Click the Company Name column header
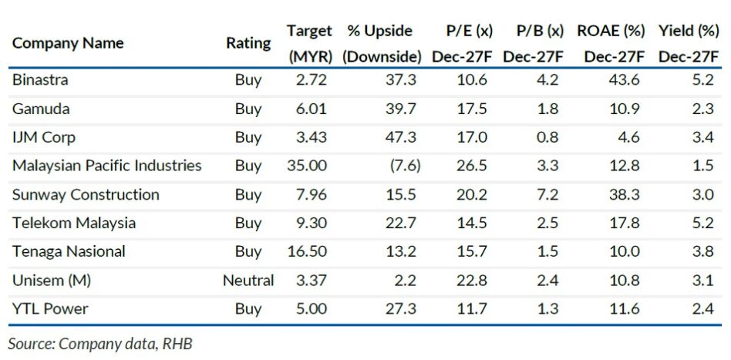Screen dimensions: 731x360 (x=68, y=43)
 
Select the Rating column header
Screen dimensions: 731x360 (x=248, y=43)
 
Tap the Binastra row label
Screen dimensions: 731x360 (x=40, y=79)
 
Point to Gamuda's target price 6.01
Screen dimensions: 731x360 (x=312, y=109)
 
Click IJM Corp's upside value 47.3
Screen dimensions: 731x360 (x=401, y=137)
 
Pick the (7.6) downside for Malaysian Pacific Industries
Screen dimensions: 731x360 (x=405, y=166)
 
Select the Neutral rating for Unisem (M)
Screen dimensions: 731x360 (x=248, y=281)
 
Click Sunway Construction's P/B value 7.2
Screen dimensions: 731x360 (x=547, y=194)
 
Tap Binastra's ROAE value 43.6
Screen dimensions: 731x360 (x=625, y=79)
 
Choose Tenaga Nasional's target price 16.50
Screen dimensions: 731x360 (x=308, y=252)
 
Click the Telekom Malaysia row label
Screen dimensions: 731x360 (x=74, y=223)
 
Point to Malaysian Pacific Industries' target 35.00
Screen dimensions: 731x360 (x=308, y=166)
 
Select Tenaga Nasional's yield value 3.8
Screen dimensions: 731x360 (x=703, y=252)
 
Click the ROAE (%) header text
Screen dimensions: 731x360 (x=611, y=32)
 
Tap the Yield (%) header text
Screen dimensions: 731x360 (x=689, y=32)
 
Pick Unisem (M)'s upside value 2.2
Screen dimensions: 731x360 (x=407, y=281)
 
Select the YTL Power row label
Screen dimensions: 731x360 (x=50, y=308)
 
